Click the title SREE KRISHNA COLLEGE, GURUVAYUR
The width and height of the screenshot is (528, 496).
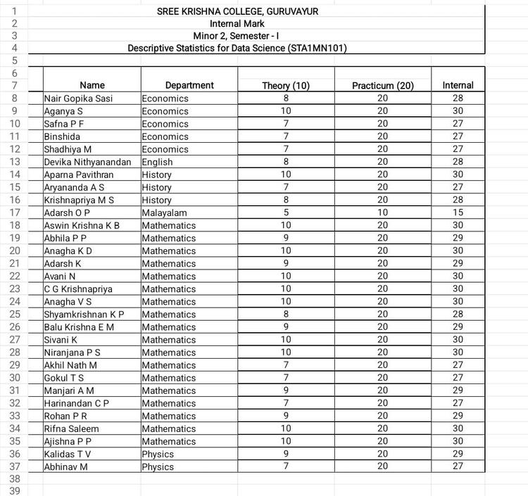237,11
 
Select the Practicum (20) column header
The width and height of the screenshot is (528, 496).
382,86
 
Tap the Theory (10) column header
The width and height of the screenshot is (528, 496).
286,86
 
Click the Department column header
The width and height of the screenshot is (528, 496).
189,86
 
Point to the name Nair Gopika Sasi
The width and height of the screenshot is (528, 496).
78,98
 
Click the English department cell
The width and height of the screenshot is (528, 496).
157,162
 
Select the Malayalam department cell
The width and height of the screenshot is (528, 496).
164,212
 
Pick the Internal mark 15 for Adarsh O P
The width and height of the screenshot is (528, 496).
458,212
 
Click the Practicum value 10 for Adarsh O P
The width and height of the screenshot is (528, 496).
382,212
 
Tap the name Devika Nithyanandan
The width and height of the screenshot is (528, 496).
87,162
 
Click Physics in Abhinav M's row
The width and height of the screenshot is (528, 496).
158,466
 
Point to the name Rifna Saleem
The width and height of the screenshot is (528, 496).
71,428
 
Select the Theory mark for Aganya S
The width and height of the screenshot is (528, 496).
286,111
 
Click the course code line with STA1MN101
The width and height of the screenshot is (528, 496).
237,49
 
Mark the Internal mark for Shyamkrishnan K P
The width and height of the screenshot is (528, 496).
458,314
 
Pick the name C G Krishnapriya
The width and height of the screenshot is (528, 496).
78,288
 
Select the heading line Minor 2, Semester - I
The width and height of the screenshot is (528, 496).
237,36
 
